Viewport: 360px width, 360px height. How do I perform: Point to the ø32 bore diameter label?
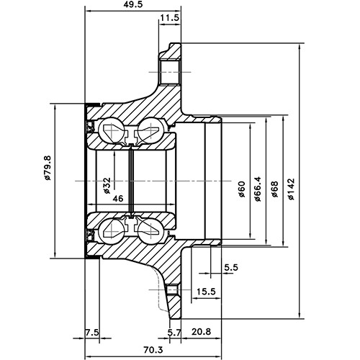pyautogui.click(x=106, y=186)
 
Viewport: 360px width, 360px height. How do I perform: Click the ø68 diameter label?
pyautogui.click(x=274, y=191)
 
